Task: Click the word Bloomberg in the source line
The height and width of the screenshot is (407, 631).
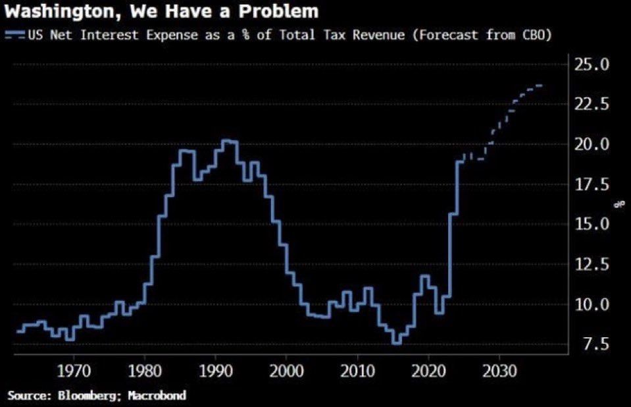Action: coord(84,395)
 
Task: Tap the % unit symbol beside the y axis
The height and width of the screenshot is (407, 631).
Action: coord(618,205)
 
